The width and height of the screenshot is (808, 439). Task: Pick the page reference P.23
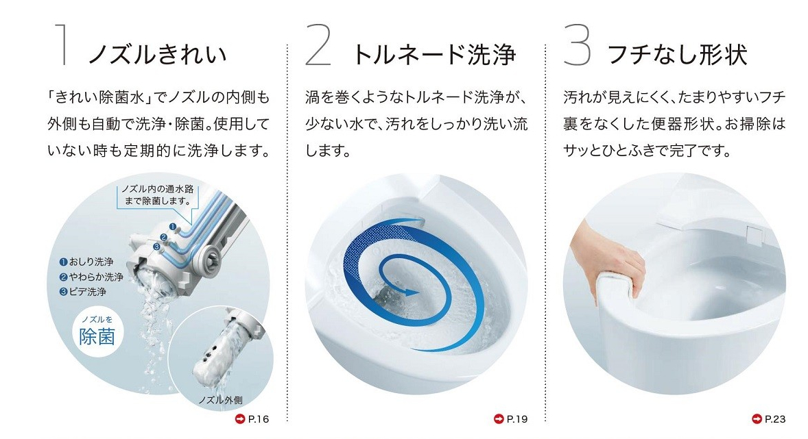click(x=774, y=418)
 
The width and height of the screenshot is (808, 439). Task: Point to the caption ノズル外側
click(x=221, y=399)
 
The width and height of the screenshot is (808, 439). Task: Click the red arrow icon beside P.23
click(x=757, y=418)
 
